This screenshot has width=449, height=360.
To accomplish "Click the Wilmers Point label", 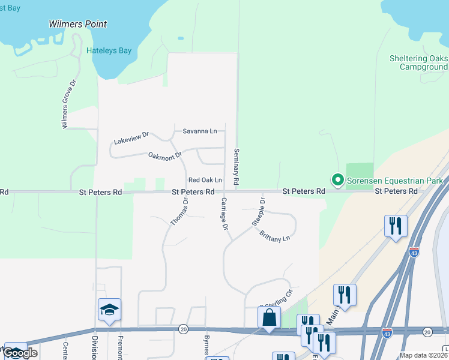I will pyautogui.click(x=77, y=25).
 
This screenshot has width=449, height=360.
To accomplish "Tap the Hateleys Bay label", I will pyautogui.click(x=109, y=51).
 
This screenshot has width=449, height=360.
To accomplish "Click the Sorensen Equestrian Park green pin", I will pyautogui.click(x=337, y=179).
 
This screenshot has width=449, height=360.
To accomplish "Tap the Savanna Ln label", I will pyautogui.click(x=200, y=131).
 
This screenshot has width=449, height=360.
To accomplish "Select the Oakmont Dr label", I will pyautogui.click(x=165, y=156).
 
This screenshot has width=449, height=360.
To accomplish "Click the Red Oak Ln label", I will pyautogui.click(x=205, y=180).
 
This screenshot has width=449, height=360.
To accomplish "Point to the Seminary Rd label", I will pyautogui.click(x=237, y=166).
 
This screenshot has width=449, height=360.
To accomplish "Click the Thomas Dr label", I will pyautogui.click(x=179, y=212).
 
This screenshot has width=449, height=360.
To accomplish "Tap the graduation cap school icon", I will pyautogui.click(x=109, y=310).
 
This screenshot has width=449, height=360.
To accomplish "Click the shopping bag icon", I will pyautogui.click(x=269, y=316).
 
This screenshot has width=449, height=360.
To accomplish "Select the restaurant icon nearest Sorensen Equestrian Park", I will pyautogui.click(x=396, y=226).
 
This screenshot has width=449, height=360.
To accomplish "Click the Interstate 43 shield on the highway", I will pyautogui.click(x=414, y=253).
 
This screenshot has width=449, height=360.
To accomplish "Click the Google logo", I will pyautogui.click(x=20, y=352).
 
